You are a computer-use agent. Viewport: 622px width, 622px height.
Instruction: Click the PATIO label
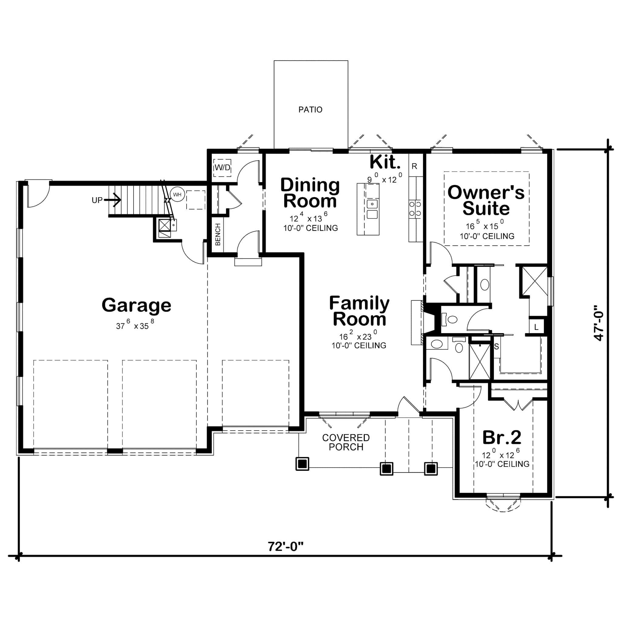pyautogui.click(x=310, y=110)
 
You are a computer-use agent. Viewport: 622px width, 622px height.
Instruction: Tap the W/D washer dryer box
pyautogui.click(x=222, y=167)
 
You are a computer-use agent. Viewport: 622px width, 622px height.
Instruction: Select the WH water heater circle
pyautogui.click(x=177, y=194)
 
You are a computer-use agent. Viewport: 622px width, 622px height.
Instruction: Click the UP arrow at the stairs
pyautogui.click(x=113, y=200)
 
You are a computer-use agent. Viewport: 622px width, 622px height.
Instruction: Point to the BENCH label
pyautogui.click(x=218, y=234)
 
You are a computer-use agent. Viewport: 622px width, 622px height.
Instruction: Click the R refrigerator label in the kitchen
pyautogui.click(x=414, y=166)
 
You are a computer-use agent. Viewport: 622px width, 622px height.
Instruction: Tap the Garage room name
pyautogui.click(x=136, y=305)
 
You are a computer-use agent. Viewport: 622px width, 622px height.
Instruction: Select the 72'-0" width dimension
pyautogui.click(x=285, y=546)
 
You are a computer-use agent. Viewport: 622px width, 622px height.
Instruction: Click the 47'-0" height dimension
pyautogui.click(x=599, y=323)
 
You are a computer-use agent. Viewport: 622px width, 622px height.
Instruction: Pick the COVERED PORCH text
pyautogui.click(x=346, y=442)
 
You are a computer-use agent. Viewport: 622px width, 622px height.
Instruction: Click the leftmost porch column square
pyautogui.click(x=302, y=464)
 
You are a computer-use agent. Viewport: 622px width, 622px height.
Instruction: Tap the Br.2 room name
pyautogui.click(x=502, y=437)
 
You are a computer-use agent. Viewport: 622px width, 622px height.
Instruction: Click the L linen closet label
pyautogui.click(x=536, y=327)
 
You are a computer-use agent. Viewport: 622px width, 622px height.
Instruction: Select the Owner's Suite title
pyautogui.click(x=486, y=200)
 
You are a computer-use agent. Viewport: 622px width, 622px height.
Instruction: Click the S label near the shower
pyautogui.click(x=497, y=347)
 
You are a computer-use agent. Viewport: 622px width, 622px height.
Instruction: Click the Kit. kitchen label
pyautogui.click(x=385, y=162)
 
